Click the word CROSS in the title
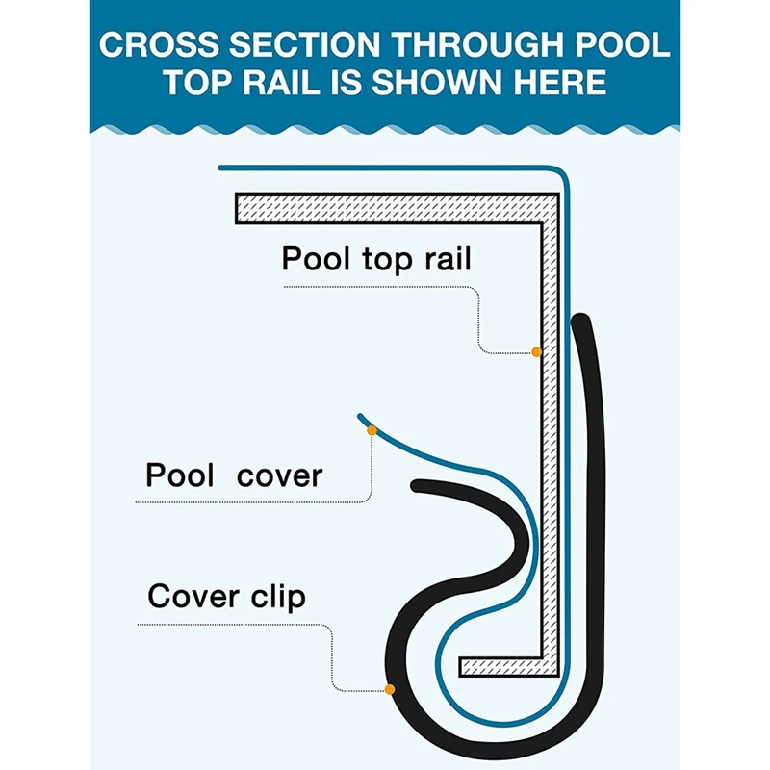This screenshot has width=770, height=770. point(159,44)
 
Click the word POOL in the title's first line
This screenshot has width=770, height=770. point(622,44)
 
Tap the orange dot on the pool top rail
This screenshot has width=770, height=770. point(537,352)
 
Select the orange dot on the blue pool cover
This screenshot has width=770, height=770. point(372,430)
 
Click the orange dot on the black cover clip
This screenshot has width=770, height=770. point(390,689)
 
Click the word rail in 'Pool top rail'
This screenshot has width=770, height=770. point(448,258)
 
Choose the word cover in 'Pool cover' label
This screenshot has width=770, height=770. point(279,475)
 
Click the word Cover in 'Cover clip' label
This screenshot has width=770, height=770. point(193,596)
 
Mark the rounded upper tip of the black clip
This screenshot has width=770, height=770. point(581,321)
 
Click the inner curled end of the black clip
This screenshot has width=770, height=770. point(418,486)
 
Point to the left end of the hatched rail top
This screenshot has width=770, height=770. point(236,209)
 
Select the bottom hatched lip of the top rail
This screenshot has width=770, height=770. point(509,666)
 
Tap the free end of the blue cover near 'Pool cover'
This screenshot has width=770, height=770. point(360,417)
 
